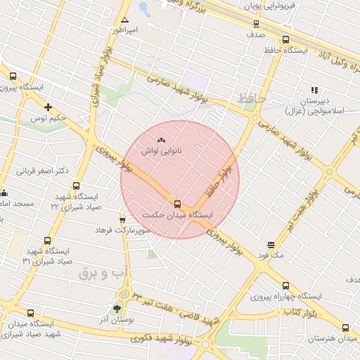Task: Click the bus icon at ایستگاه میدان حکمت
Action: click(176, 202)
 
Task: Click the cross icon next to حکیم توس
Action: click(48, 107)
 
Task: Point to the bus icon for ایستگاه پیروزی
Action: click(13, 76)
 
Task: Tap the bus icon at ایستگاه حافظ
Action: click(285, 40)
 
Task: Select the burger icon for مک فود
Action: click(271, 245)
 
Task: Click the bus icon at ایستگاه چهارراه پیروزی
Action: click(285, 285)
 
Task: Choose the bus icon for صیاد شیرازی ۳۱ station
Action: click(47, 240)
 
